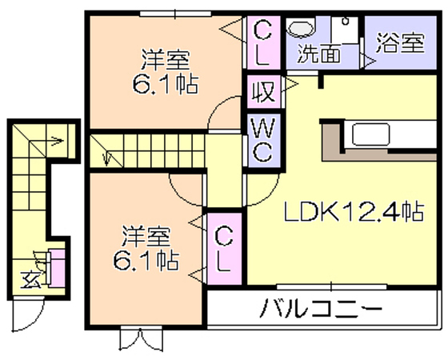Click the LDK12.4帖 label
coord(354,212)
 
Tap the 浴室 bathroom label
coord(400,43)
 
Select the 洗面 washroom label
coord(319,53)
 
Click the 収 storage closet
coord(264,91)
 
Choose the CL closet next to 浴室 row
coord(263,42)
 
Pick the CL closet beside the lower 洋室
coord(224,249)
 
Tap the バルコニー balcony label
coord(321,309)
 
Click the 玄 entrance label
coord(30,279)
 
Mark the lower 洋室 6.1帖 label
coord(146,248)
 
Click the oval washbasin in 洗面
coord(302,28)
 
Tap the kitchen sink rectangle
coord(371,134)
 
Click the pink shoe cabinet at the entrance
coord(58,268)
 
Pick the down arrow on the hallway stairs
coord(106,158)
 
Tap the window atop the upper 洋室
coord(175,14)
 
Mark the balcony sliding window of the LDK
coord(332,286)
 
